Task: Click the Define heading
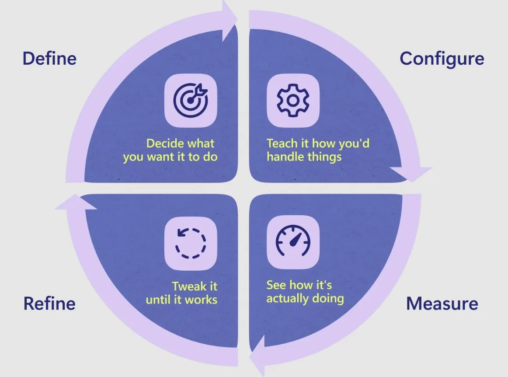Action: pos(49,59)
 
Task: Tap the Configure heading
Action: pos(442,59)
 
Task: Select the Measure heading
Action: pos(442,304)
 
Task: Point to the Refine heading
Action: pos(49,304)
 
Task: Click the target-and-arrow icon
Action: pos(191,100)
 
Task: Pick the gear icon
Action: pos(293,100)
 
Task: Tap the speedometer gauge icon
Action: pos(293,241)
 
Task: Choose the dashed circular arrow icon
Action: pos(191,241)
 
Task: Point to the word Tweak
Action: pos(189,286)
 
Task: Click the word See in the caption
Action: pos(275,286)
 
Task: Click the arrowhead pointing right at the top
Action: pos(230,17)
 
